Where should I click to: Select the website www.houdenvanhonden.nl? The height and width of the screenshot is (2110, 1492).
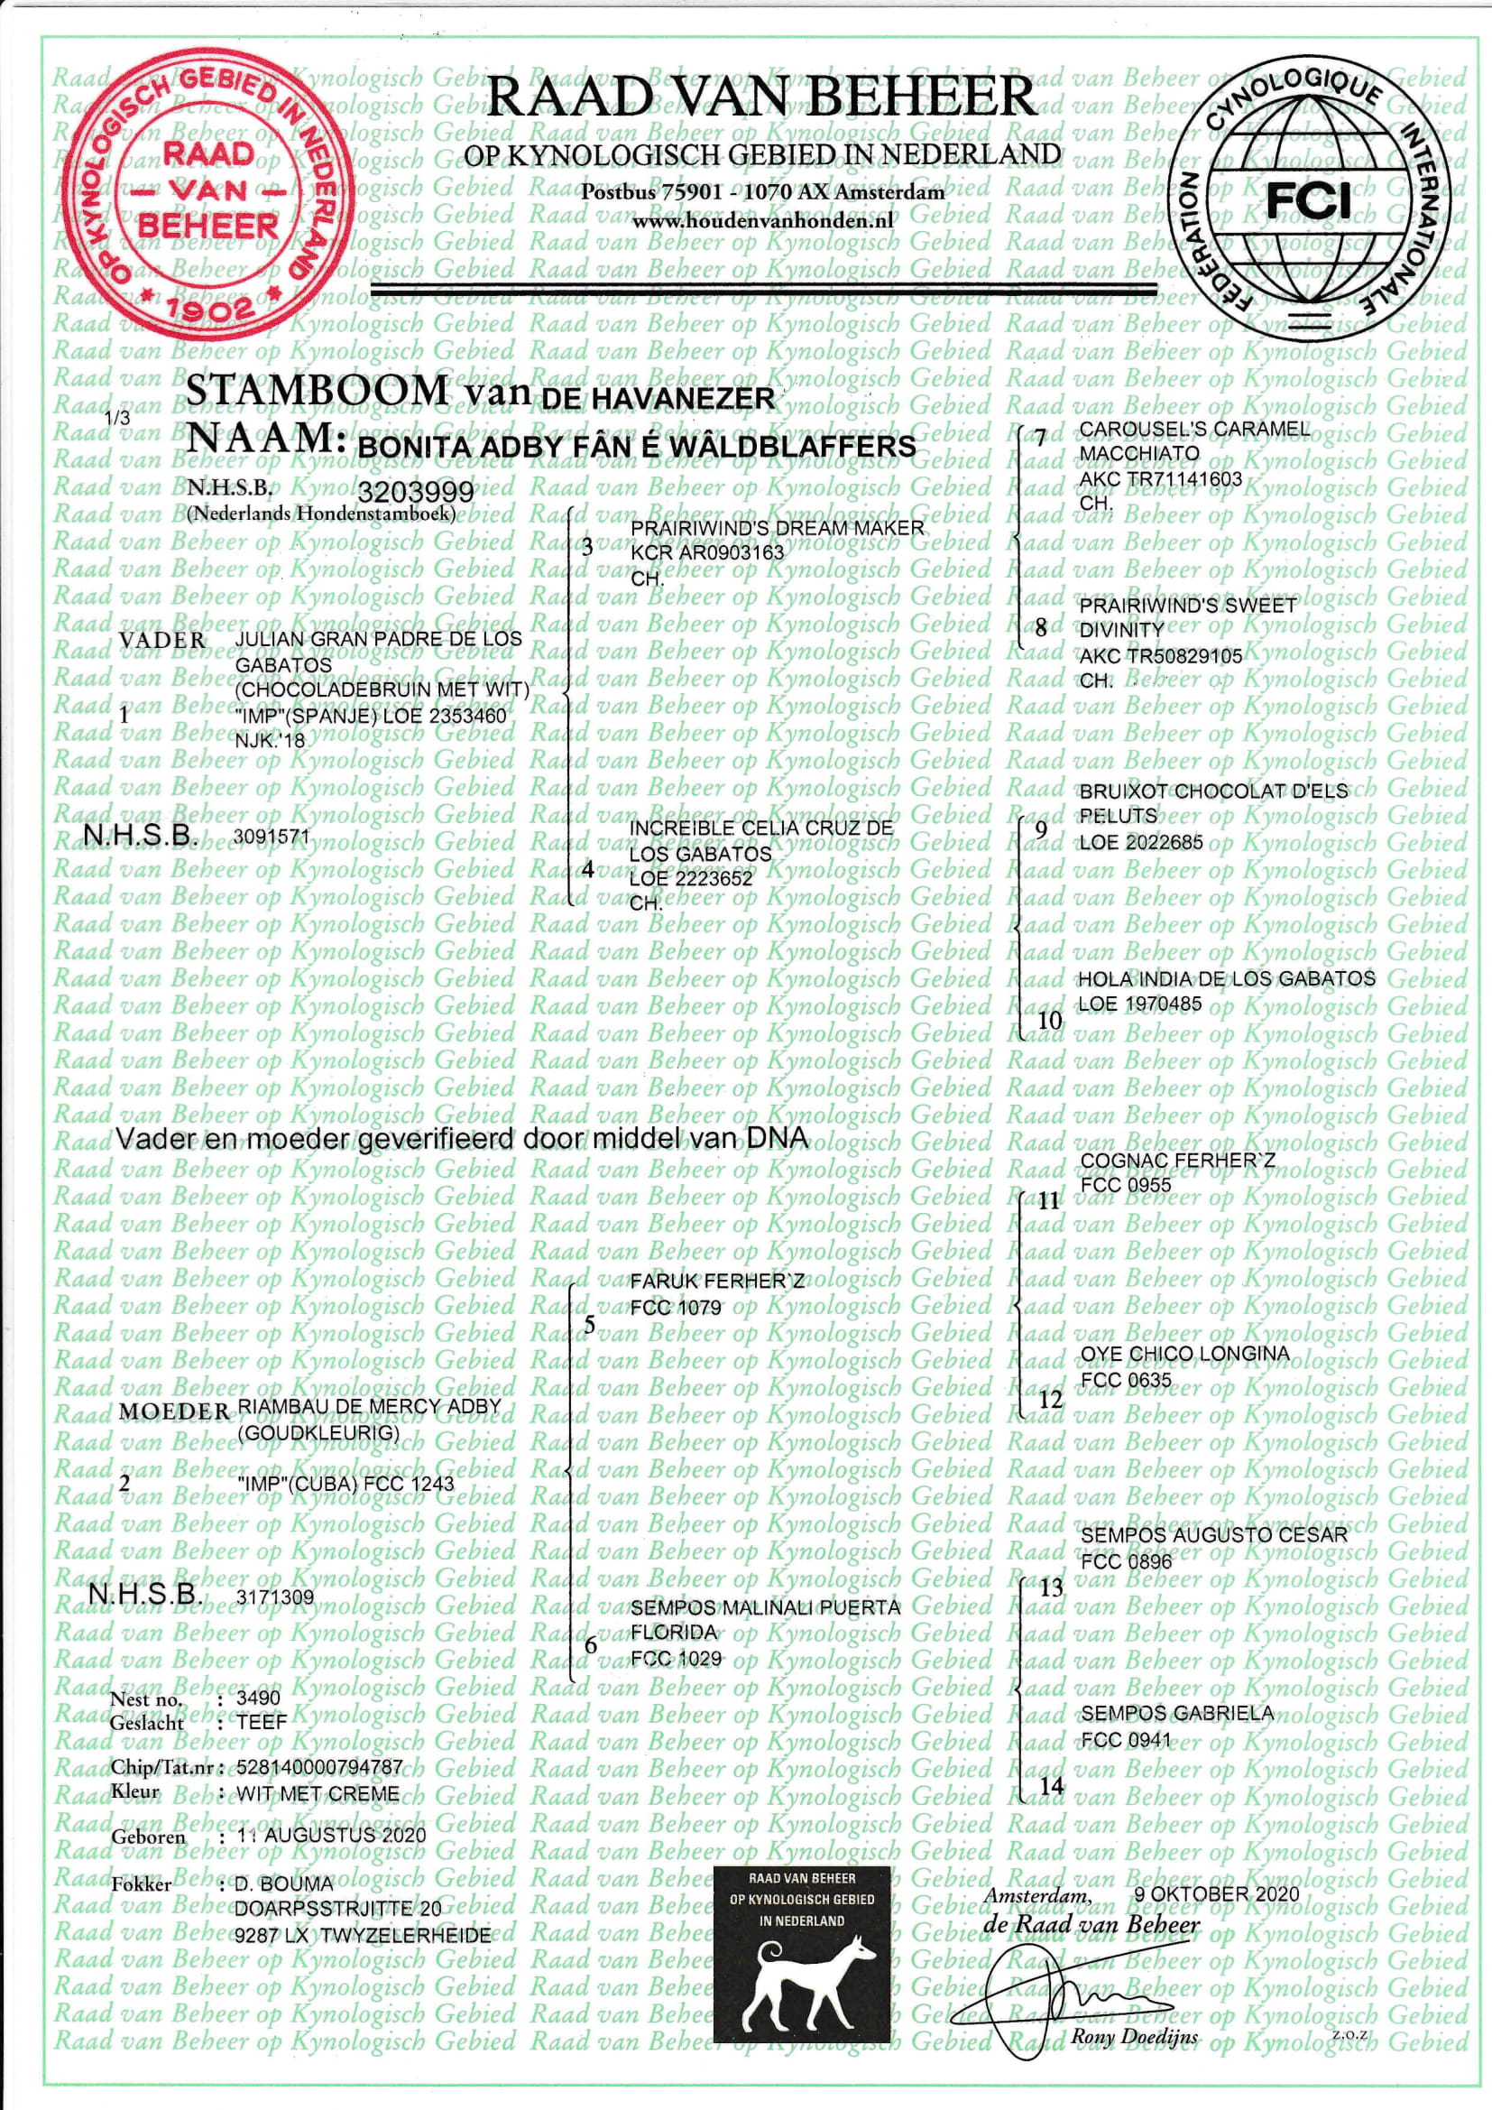[762, 221]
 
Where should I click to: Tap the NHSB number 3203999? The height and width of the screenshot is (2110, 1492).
[415, 492]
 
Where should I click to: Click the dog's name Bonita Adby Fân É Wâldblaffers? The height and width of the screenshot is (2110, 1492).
[636, 447]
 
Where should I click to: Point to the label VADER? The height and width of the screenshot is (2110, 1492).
[162, 640]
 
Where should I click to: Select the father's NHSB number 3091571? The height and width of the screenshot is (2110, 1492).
[272, 838]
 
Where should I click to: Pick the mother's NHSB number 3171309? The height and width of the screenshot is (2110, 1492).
[275, 1597]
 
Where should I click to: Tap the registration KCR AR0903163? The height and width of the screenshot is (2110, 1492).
[706, 553]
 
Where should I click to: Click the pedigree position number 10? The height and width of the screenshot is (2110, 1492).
[1049, 1020]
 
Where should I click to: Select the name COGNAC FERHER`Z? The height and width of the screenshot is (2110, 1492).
[1178, 1161]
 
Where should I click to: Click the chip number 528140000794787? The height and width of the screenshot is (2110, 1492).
[318, 1767]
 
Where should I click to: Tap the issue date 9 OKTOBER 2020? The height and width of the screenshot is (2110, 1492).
[1216, 1894]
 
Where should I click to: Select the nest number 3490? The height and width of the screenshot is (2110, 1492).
[257, 1698]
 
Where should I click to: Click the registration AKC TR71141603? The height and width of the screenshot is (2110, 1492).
[1160, 479]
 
